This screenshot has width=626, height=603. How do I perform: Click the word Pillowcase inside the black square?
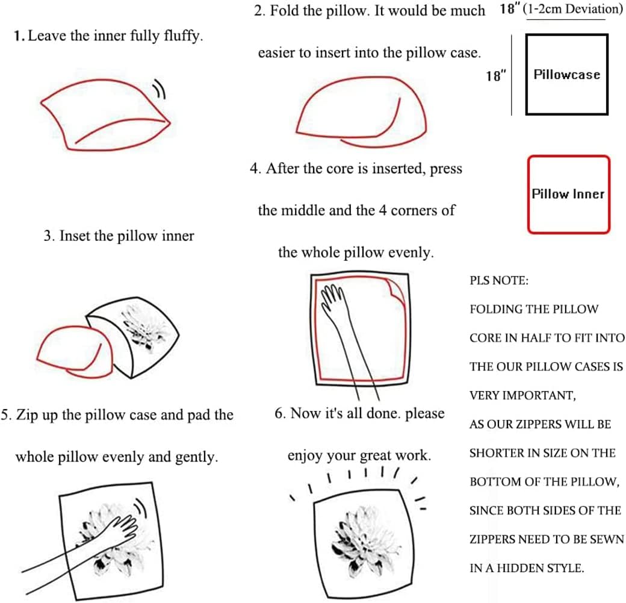(x=567, y=74)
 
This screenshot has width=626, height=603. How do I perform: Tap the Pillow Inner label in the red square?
(x=568, y=194)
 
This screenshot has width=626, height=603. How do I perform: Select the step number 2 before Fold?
(x=259, y=10)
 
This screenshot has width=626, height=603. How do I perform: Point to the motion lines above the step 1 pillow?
(x=160, y=89)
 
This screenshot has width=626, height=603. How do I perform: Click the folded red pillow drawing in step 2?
(x=362, y=111)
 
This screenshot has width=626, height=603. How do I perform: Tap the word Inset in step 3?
(x=75, y=236)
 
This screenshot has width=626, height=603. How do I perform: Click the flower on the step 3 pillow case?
(x=144, y=328)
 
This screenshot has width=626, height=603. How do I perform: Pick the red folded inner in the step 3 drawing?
(x=74, y=352)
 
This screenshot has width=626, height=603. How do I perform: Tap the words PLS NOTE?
(x=499, y=281)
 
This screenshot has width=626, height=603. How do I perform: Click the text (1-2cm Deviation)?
(x=572, y=9)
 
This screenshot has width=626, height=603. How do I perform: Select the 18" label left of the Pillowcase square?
(x=496, y=75)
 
